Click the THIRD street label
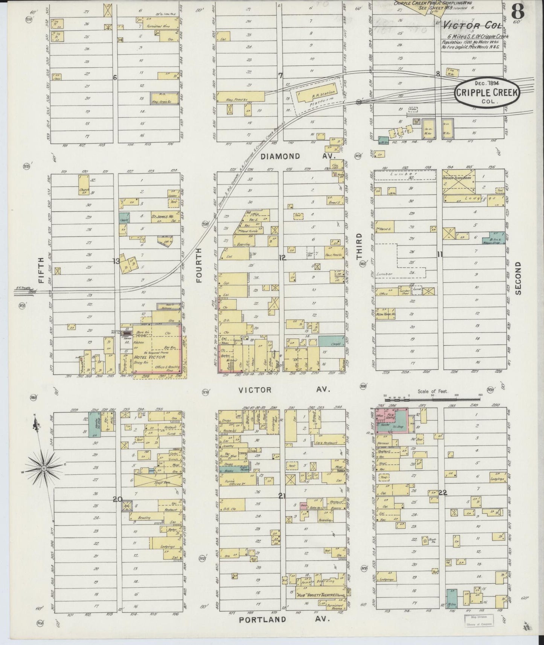359,246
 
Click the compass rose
44,468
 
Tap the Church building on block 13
84,186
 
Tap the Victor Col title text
472,26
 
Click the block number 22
442,493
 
